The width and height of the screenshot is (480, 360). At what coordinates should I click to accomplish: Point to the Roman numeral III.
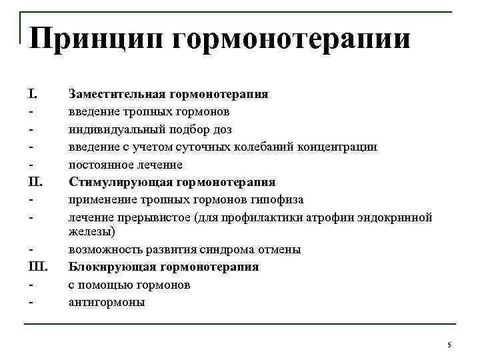point(36,267)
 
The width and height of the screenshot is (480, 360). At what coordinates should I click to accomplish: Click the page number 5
point(449,344)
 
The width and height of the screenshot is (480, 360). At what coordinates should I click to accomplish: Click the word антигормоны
point(106,302)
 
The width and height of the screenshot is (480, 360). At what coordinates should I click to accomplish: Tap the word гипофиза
point(279,199)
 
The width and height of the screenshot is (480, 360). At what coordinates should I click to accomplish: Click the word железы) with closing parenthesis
point(92,232)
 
